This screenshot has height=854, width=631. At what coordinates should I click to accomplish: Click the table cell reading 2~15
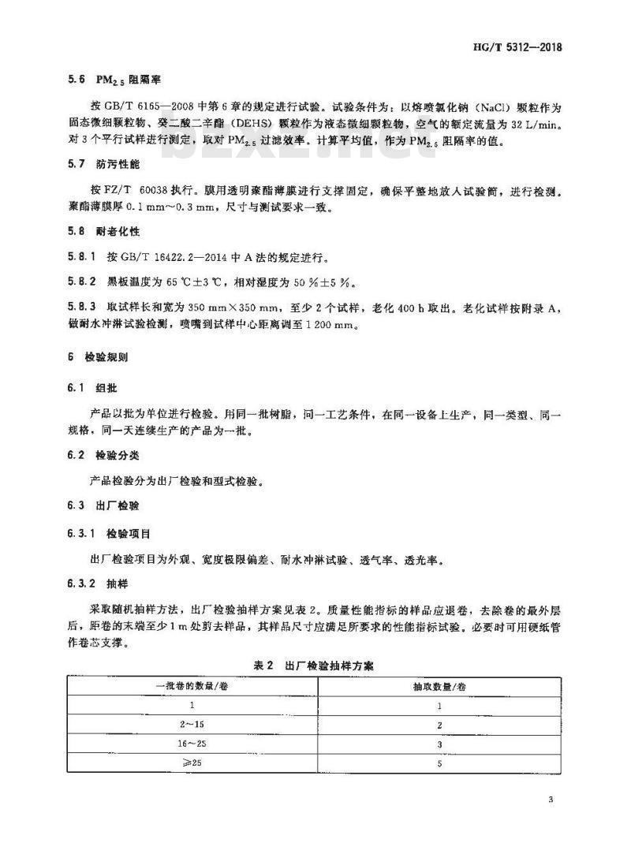tap(192, 724)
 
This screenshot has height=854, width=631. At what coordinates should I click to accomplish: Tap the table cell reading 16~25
tap(192, 743)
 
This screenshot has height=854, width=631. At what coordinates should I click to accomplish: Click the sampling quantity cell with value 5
tap(439, 762)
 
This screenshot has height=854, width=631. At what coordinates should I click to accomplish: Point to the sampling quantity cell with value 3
tap(439, 743)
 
